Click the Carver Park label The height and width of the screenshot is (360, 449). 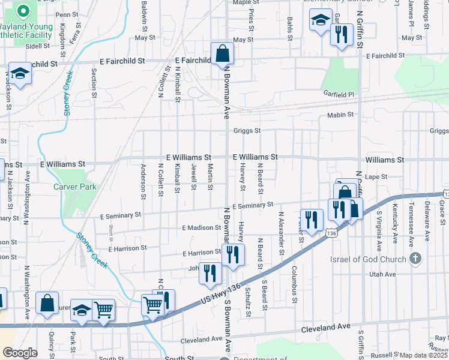click(x=75, y=187)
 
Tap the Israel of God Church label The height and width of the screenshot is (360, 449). click(x=369, y=259)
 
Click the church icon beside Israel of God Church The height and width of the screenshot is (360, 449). click(x=414, y=259)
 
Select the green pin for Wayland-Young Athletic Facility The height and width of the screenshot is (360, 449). click(x=23, y=11)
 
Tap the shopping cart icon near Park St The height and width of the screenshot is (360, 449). click(x=104, y=310)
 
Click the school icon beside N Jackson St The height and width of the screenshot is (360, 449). click(x=20, y=74)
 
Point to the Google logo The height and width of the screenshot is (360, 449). click(x=20, y=353)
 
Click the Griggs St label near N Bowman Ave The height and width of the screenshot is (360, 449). click(x=247, y=130)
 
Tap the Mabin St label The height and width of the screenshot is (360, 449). click(x=342, y=115)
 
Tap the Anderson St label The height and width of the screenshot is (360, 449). click(x=143, y=180)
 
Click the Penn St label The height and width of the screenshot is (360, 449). click(x=66, y=14)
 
